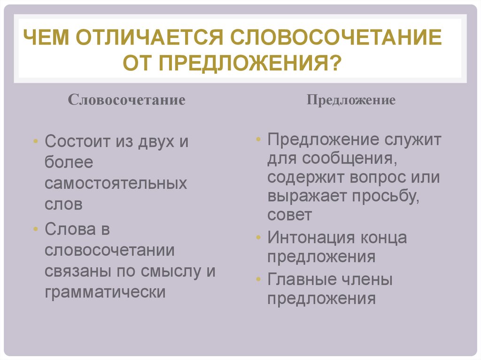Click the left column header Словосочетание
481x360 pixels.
click(127, 100)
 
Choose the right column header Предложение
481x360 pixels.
click(351, 100)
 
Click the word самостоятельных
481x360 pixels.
click(116, 183)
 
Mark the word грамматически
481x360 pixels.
click(105, 292)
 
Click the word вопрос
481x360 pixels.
click(373, 178)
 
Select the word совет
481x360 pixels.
click(289, 215)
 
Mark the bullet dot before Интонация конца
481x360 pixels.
click(259, 237)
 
